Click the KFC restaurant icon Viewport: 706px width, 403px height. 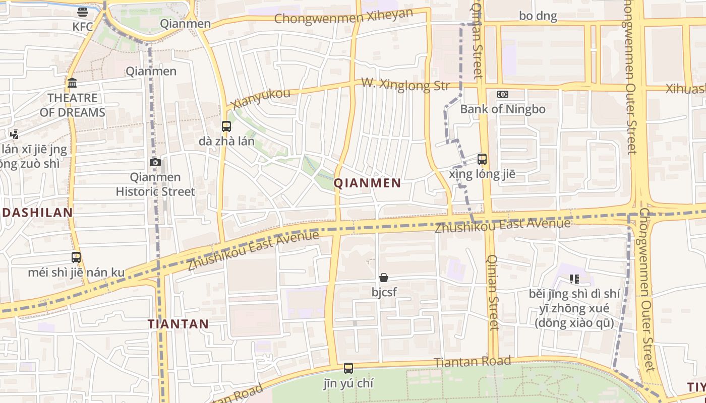83,12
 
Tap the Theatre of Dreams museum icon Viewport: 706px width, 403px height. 72,83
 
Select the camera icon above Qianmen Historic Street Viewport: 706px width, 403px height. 155,162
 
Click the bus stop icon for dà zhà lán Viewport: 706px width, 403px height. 226,126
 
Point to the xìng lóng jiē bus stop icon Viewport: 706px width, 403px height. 482,159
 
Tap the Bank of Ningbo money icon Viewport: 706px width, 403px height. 502,94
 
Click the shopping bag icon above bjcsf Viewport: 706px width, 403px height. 384,278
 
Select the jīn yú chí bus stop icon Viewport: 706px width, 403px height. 348,368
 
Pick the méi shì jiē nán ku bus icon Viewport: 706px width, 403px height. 76,257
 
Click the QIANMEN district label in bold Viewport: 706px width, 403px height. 368,183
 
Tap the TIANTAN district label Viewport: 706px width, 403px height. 178,324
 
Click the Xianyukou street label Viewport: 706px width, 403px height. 261,98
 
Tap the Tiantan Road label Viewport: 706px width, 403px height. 472,362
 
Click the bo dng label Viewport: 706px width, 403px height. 538,16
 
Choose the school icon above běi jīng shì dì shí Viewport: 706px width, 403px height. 574,279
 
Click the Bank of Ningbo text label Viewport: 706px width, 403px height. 502,109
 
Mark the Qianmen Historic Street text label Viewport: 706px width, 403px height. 155,184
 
